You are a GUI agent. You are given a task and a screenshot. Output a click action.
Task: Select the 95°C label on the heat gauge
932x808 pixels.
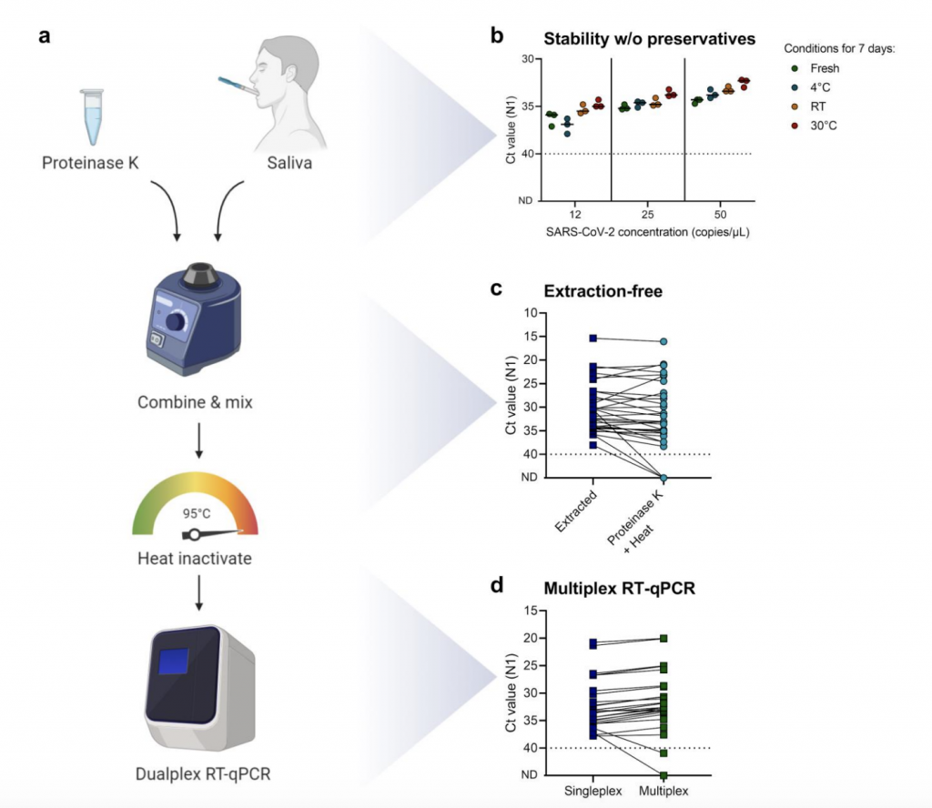tap(197, 512)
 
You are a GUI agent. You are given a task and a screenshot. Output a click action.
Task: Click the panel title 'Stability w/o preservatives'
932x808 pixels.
tap(649, 39)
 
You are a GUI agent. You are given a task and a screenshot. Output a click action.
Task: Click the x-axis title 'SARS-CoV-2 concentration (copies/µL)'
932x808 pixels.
tap(647, 231)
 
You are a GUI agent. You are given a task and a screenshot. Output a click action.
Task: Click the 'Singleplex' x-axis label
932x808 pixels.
tap(593, 791)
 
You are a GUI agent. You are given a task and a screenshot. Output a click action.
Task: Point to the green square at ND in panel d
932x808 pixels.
tap(664, 775)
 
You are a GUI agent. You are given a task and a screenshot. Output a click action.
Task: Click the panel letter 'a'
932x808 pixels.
tap(46, 37)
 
